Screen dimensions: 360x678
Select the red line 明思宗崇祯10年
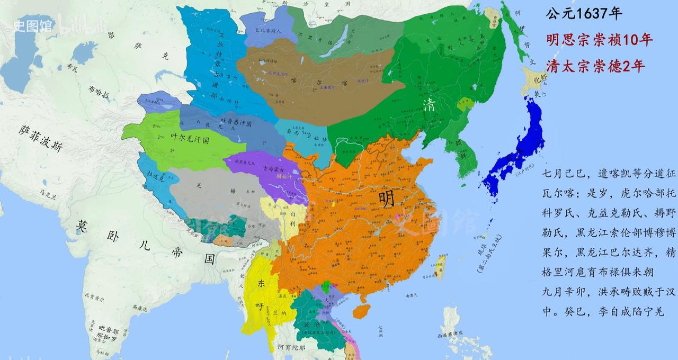pyautogui.click(x=600, y=40)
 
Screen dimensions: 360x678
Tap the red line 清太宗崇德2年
pyautogui.click(x=596, y=66)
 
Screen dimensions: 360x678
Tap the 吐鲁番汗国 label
pyautogui.click(x=239, y=122)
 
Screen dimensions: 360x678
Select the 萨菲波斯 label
pyautogui.click(x=40, y=139)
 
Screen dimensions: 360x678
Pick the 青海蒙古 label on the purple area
pyautogui.click(x=276, y=169)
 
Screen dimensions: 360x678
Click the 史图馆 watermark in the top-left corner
pyautogui.click(x=32, y=25)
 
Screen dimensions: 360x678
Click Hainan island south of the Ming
pyautogui.click(x=362, y=310)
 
